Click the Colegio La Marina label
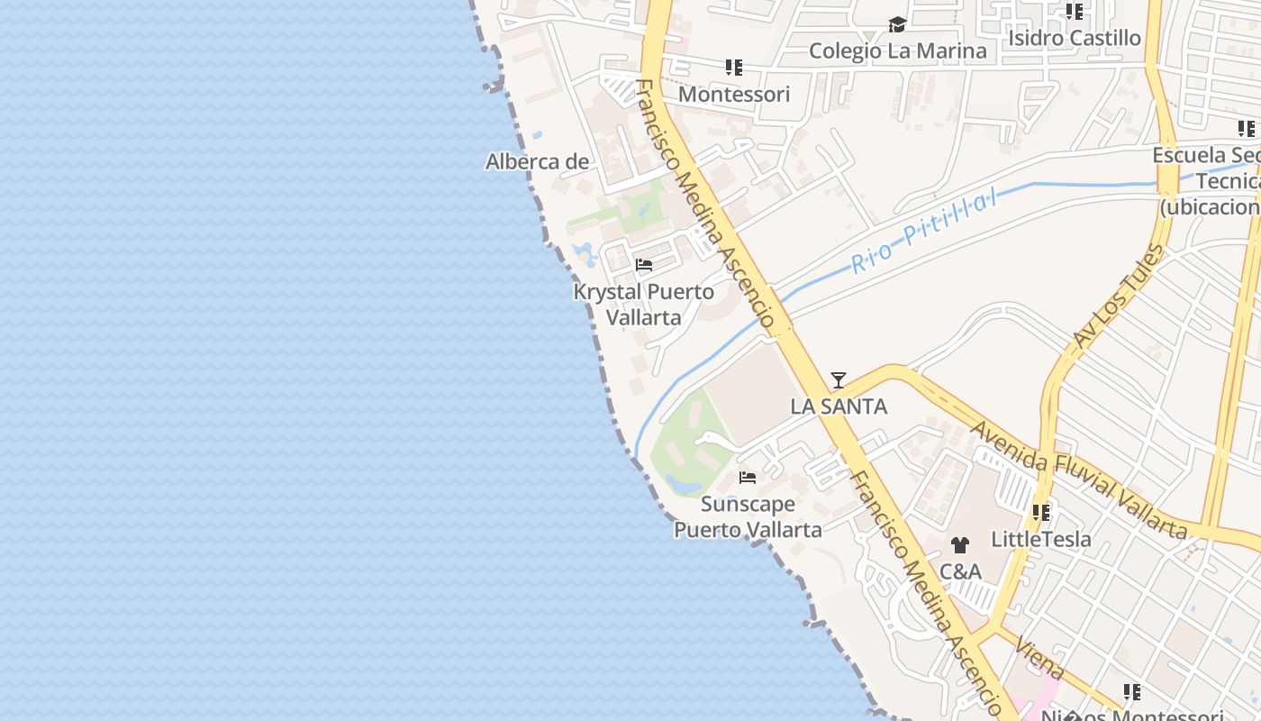click(x=897, y=50)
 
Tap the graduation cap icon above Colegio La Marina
click(x=897, y=25)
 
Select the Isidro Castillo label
click(x=1074, y=38)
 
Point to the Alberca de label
click(x=537, y=162)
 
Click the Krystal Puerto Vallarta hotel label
click(x=643, y=305)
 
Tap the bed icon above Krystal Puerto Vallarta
click(x=644, y=265)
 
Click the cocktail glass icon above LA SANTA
click(x=839, y=380)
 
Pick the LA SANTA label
click(x=839, y=406)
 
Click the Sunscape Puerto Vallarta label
click(x=748, y=516)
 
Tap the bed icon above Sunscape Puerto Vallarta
click(x=748, y=478)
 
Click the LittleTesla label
click(x=1040, y=539)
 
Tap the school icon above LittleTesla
click(x=1041, y=513)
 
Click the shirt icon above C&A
click(x=960, y=545)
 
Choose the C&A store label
click(x=960, y=571)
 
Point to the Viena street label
click(x=1039, y=659)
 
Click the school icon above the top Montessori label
click(x=734, y=68)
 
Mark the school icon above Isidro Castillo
click(x=1074, y=12)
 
